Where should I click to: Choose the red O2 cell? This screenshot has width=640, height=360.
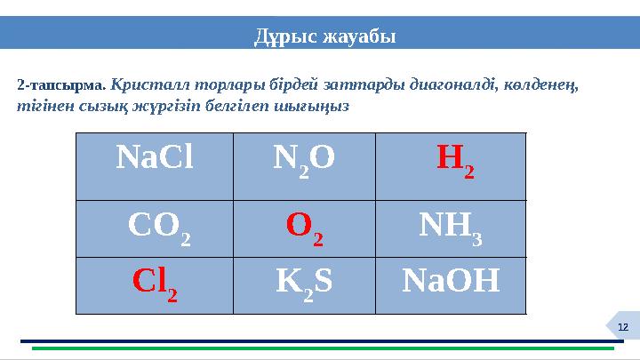tap(304, 228)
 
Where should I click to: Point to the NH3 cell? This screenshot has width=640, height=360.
tap(451, 228)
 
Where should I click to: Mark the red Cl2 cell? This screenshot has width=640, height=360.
tap(154, 284)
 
